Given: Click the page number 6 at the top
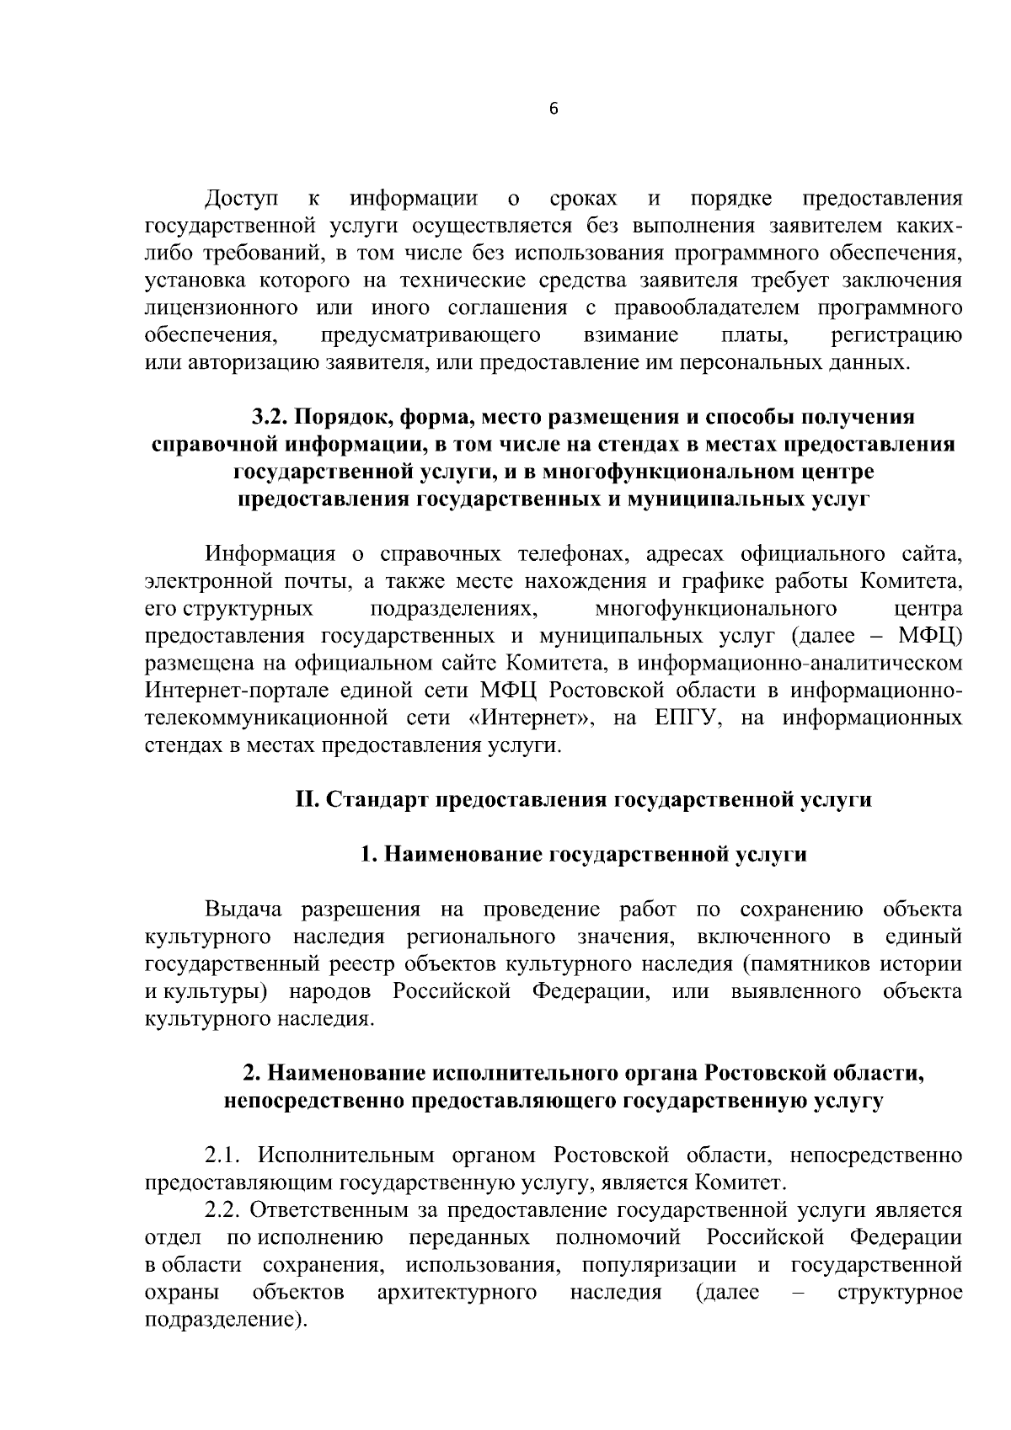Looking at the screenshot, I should click(554, 109).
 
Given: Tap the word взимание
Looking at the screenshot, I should click(631, 335).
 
